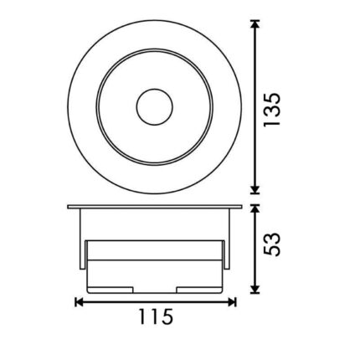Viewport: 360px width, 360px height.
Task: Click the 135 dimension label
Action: [271, 110]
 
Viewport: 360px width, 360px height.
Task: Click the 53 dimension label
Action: [271, 244]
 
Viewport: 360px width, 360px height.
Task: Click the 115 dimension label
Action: [156, 316]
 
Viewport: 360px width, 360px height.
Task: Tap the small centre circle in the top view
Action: [155, 107]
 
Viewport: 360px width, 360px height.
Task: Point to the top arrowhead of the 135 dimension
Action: [254, 24]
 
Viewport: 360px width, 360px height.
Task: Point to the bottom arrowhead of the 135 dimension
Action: [254, 189]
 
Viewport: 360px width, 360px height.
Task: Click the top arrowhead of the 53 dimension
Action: [254, 208]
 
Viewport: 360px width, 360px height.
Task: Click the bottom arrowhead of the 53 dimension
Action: [254, 290]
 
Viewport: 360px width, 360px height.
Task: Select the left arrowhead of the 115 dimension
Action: [80, 302]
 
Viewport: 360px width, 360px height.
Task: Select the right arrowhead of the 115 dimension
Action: [232, 302]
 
